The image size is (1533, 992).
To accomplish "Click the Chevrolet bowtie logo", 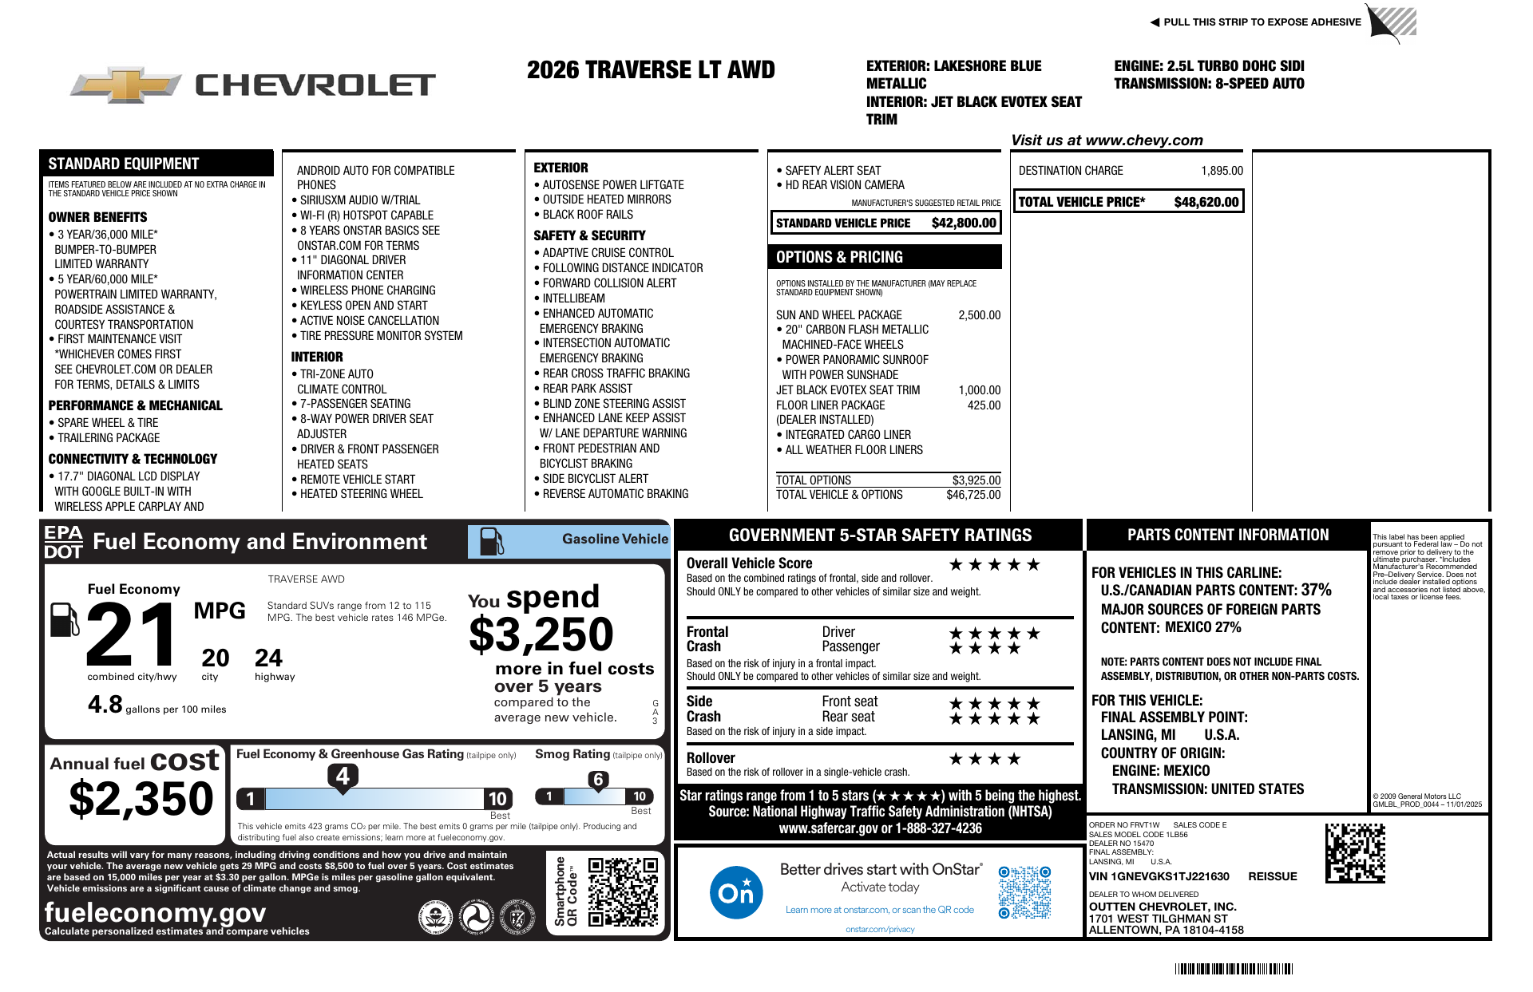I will (x=125, y=85).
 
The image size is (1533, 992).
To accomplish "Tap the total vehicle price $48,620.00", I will (x=1206, y=202).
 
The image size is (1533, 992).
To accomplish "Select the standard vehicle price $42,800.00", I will (x=964, y=223).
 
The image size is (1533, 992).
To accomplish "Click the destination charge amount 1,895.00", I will (x=1222, y=171).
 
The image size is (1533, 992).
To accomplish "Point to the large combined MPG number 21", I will (x=132, y=634).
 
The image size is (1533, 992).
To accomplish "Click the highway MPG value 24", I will (x=268, y=658).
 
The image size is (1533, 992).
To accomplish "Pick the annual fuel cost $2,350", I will (x=141, y=799).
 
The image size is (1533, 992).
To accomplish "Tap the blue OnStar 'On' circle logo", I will (x=735, y=892).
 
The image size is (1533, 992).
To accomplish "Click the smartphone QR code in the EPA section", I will (x=623, y=891).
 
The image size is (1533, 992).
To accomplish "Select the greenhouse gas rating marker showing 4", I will (x=343, y=776).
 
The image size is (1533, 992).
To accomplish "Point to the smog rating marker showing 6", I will (x=598, y=780).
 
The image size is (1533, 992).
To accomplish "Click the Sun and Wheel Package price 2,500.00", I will (x=979, y=315).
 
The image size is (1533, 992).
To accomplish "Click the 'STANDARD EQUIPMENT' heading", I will (x=124, y=164).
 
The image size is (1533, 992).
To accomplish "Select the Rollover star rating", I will (x=984, y=759).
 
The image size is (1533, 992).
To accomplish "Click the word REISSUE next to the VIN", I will (x=1272, y=876).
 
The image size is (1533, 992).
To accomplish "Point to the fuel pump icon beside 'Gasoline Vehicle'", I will (x=491, y=541).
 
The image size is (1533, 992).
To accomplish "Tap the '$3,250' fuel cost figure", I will (x=541, y=634).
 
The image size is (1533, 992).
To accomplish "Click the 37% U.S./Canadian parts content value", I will (x=1316, y=590).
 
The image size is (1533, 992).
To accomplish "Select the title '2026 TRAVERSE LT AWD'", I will (x=651, y=70).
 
